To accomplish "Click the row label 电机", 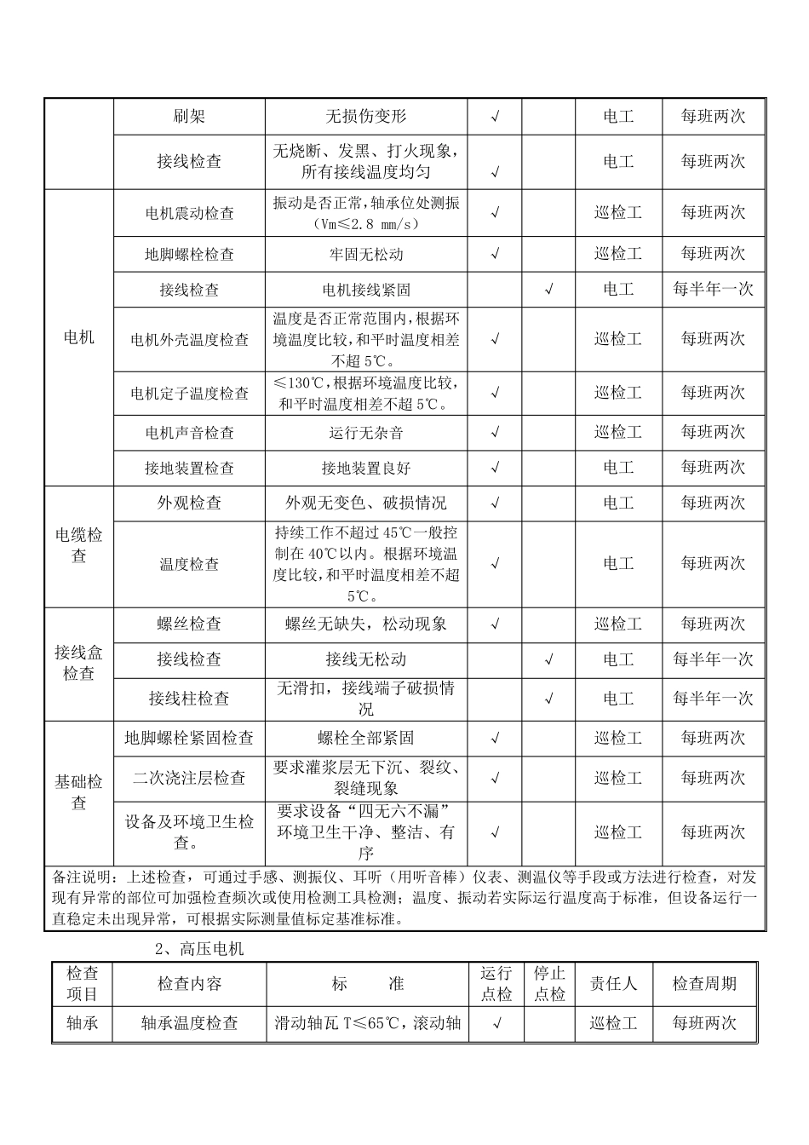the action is [79, 337].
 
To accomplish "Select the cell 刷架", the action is [189, 117].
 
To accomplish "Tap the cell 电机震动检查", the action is [189, 213].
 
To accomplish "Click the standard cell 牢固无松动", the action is [366, 254].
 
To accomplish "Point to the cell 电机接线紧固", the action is [366, 290].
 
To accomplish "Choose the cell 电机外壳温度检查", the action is [189, 339].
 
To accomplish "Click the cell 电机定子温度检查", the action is [189, 393].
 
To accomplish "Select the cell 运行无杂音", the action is [366, 433].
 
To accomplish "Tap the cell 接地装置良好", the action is [366, 468].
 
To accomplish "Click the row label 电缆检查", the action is [79, 545].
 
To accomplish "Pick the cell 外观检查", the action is [189, 503].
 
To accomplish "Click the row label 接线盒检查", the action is [79, 663].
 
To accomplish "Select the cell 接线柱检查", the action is [189, 699].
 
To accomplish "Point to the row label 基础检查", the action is [79, 791].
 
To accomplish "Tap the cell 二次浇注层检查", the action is [189, 778].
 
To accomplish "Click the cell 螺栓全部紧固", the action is [366, 738].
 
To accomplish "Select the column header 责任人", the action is [613, 984].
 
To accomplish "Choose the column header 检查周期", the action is [704, 984].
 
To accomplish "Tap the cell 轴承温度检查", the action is [189, 1023].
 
